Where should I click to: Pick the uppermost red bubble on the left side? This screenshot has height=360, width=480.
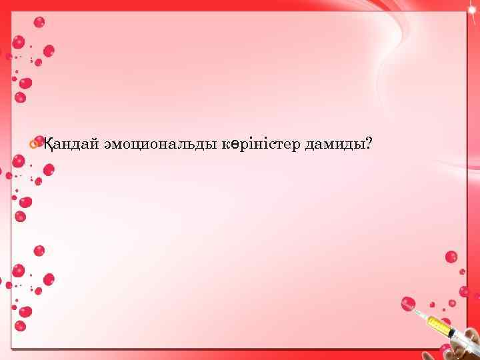click(39, 22)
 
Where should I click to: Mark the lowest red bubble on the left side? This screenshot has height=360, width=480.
click(21, 326)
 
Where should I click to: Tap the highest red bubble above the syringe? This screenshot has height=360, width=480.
click(451, 257)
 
